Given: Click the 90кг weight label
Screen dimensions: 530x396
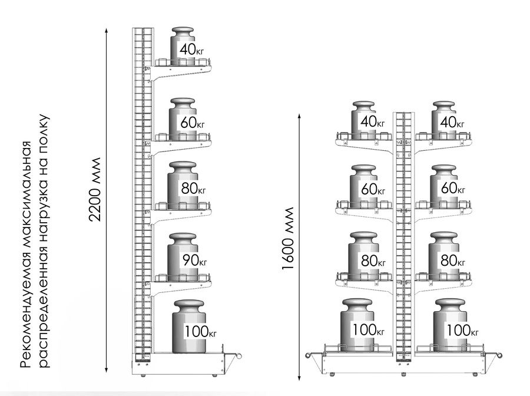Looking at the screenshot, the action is point(194,260).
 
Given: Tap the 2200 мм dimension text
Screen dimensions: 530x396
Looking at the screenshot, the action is point(95,189).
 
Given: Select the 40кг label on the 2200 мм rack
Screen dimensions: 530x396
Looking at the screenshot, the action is point(191,49).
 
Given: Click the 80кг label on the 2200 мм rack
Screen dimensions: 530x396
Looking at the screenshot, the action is point(193,189).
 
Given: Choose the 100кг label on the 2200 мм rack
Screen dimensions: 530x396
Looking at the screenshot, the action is point(200,331).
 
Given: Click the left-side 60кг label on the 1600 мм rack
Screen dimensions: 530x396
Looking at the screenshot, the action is point(373,189).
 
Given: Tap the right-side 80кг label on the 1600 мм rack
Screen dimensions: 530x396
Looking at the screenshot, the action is point(453,260).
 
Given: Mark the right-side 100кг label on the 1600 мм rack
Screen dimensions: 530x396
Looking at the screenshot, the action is point(463,330).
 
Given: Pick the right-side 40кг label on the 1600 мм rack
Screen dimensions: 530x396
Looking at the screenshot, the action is point(452,122).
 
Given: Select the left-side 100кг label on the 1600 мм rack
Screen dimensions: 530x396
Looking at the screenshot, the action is point(369,329).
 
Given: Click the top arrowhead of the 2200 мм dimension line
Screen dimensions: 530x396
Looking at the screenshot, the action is point(106,31).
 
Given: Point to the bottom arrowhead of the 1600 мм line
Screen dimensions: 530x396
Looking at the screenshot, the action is point(299,378).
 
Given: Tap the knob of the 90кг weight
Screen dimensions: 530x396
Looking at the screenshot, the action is point(183,237).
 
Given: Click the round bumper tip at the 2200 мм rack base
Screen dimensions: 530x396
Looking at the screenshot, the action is point(240,355).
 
